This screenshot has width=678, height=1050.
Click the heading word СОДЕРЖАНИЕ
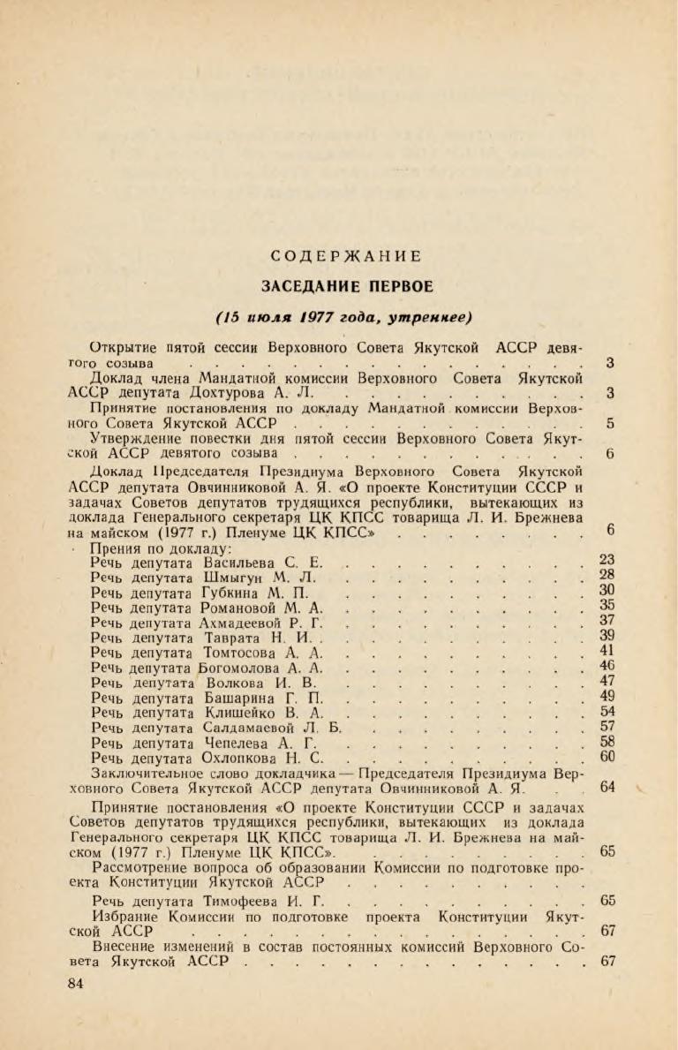point(346,257)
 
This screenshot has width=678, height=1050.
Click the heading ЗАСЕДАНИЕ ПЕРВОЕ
point(346,286)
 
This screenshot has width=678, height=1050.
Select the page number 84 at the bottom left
point(77,984)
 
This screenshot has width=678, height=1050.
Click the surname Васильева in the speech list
point(239,562)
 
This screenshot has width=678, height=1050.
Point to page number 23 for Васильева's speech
point(606,559)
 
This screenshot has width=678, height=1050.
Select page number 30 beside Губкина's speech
point(606,591)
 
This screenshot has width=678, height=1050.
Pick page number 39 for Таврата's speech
point(606,636)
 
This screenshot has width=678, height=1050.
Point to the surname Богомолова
point(245,667)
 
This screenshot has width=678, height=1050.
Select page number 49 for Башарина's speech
point(606,696)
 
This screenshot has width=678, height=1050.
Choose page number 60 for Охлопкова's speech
point(606,756)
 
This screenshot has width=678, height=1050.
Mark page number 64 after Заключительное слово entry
point(606,787)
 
